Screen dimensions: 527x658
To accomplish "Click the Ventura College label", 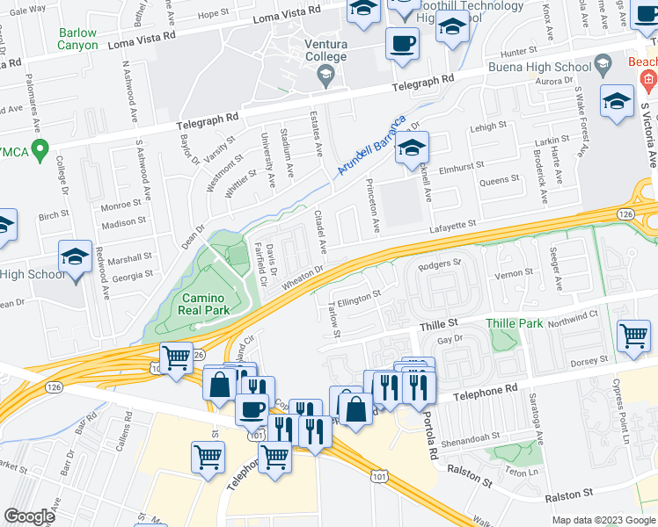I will pos(325,51).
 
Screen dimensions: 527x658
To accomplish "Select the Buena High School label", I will pos(551,67).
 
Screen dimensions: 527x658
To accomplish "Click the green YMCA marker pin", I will pos(37,148).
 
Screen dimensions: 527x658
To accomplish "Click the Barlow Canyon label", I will pos(77,40).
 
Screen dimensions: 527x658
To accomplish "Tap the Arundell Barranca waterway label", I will pos(373,145).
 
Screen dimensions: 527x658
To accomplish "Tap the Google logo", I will pos(29,516).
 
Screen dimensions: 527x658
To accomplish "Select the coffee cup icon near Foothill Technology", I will pos(403,42).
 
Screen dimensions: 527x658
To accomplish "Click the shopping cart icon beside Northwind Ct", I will pos(633,335).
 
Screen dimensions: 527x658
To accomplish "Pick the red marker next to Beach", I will pos(648,82).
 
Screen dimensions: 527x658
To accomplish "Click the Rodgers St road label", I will pos(441,263).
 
